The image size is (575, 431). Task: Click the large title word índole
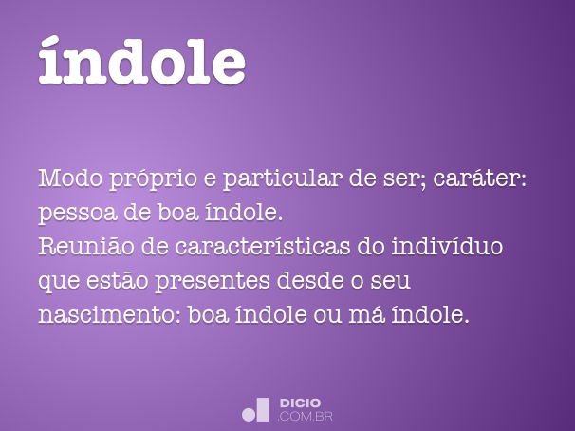(x=142, y=61)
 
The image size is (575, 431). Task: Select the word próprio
(x=154, y=179)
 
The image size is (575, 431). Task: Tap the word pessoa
(x=78, y=215)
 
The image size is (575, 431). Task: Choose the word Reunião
(x=86, y=245)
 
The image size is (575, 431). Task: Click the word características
(x=262, y=245)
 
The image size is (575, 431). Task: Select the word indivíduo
(x=448, y=245)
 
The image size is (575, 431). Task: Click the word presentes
(x=213, y=282)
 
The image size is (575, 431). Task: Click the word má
(x=366, y=314)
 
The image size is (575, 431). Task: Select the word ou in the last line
(x=327, y=316)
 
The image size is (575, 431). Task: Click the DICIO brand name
(x=300, y=403)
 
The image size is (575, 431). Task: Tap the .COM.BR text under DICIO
(x=306, y=417)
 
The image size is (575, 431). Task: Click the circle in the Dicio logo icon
(x=249, y=415)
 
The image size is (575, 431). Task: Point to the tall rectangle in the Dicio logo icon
(x=263, y=409)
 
